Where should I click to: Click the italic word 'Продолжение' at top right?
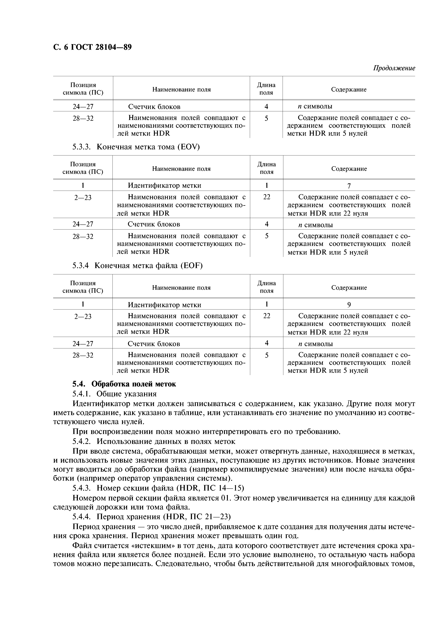(x=394, y=68)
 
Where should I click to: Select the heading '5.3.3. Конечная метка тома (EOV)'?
(x=136, y=147)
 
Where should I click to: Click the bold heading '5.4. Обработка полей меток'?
(x=124, y=384)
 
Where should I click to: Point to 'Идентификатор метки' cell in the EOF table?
(x=164, y=305)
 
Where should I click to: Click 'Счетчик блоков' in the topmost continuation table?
(x=154, y=106)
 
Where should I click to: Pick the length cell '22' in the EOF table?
(x=266, y=316)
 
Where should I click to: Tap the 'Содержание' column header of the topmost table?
(x=348, y=90)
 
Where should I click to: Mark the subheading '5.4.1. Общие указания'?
(x=114, y=394)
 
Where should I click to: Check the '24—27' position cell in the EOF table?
(x=83, y=344)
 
